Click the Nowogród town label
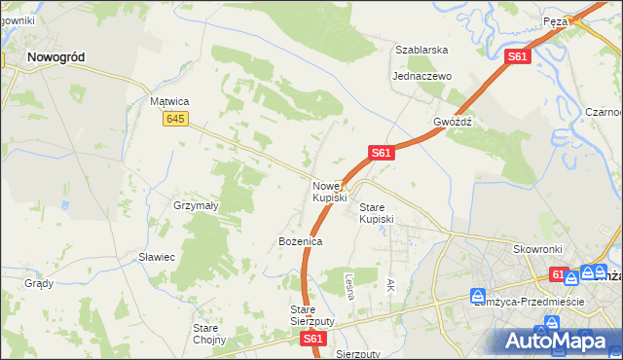(x=55, y=57)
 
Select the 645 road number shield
(x=175, y=119)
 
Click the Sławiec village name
(x=156, y=257)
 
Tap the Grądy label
(x=39, y=284)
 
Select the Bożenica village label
(x=300, y=240)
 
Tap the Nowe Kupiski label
(x=329, y=192)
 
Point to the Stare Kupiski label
(x=377, y=213)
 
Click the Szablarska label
(x=421, y=50)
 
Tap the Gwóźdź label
(x=453, y=123)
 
